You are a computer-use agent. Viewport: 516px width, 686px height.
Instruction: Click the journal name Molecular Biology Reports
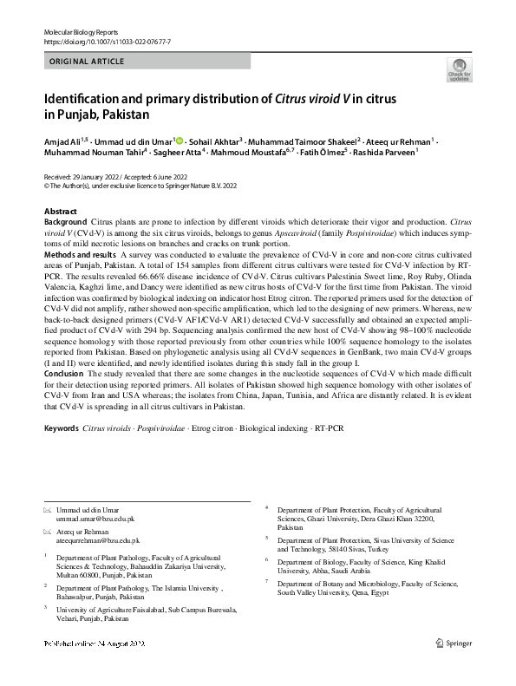75,30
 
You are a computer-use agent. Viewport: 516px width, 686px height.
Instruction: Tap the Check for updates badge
459,70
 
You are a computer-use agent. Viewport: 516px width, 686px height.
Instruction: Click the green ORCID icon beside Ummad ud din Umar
180,140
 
